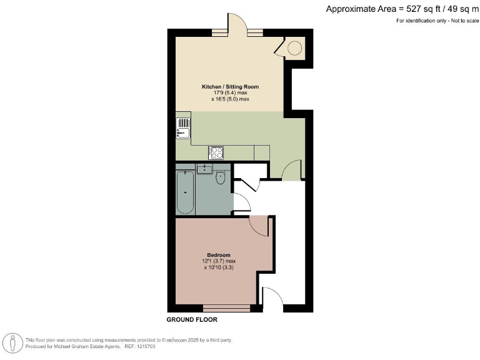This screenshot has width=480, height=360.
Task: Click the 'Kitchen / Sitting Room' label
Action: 230,86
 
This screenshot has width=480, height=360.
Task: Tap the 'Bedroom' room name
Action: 219,255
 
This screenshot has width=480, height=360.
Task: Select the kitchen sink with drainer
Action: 182,127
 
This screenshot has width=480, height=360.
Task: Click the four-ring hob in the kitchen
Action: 217,152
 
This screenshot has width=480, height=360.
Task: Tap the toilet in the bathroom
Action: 220,179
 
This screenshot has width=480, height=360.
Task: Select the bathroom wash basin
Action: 204,169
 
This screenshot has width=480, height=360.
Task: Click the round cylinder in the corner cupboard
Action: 294,47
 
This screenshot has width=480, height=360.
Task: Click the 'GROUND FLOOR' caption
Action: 191,319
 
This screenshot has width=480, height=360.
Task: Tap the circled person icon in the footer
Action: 12,342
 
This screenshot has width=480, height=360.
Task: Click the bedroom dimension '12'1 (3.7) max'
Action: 218,261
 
